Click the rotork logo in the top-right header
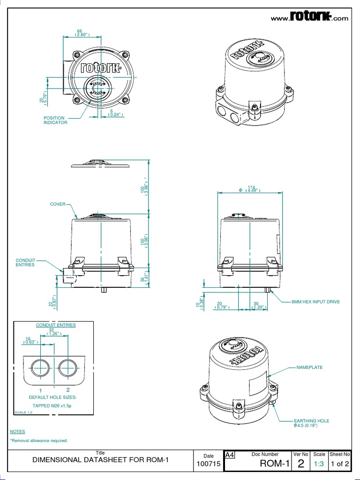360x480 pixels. click(x=311, y=17)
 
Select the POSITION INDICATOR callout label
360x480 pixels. click(x=55, y=120)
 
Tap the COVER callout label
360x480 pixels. click(x=58, y=204)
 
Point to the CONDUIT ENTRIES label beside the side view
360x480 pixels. click(x=25, y=262)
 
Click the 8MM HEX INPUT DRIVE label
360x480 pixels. click(x=315, y=302)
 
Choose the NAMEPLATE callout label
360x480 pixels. click(x=309, y=367)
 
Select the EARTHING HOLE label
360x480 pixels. click(x=311, y=421)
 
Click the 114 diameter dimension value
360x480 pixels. click(x=251, y=187)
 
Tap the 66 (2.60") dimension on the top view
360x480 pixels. click(x=79, y=33)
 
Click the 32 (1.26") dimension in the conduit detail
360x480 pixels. click(x=51, y=333)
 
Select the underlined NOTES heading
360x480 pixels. click(x=17, y=431)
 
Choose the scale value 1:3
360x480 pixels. click(x=319, y=464)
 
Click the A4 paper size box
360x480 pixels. click(x=230, y=455)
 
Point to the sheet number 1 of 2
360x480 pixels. click(x=340, y=464)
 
